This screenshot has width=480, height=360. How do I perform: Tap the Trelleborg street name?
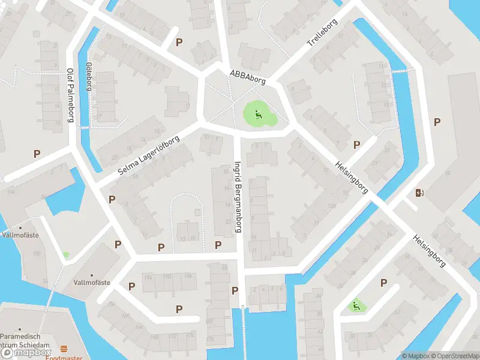pyautogui.click(x=322, y=34)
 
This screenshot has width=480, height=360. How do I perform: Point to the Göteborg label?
pyautogui.click(x=89, y=76)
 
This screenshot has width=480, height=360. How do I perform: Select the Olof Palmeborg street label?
pyautogui.click(x=70, y=95)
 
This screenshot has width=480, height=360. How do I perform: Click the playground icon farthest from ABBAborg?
pyautogui.click(x=356, y=306)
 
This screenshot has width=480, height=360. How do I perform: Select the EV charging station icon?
pyautogui.click(x=419, y=193)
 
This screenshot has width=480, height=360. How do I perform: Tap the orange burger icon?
pyautogui.click(x=64, y=349)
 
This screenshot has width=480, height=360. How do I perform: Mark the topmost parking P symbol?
pyautogui.click(x=179, y=42)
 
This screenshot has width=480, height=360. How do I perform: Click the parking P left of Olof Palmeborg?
pyautogui.click(x=37, y=154)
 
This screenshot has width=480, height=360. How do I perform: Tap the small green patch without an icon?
pyautogui.click(x=66, y=255)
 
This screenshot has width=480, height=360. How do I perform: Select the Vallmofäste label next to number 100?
pyautogui.click(x=22, y=235)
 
